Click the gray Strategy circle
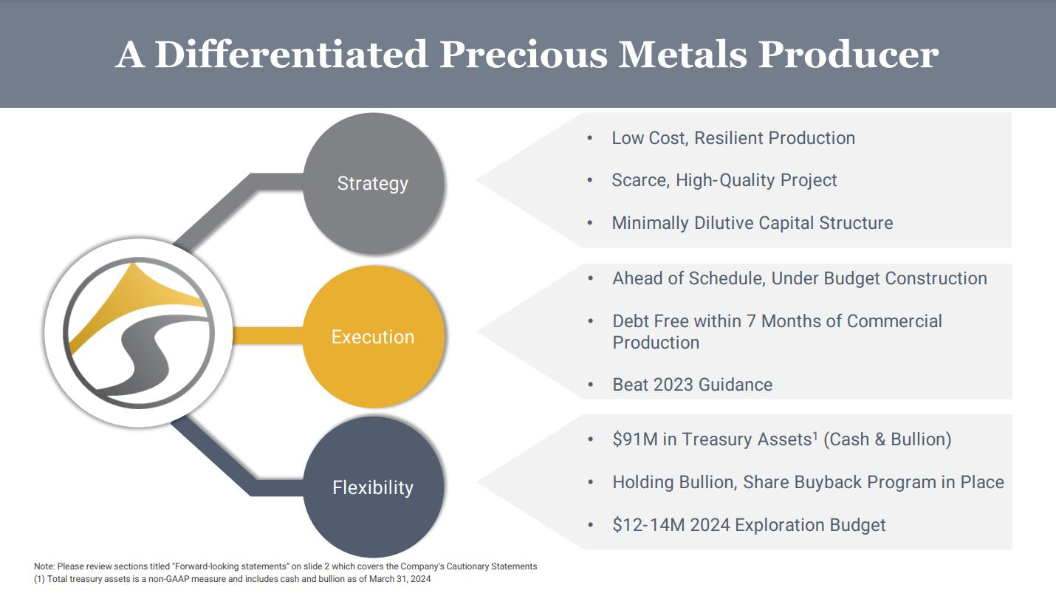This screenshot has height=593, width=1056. (374, 183)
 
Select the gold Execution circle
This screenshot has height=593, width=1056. (374, 337)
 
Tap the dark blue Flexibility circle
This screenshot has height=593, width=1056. (374, 487)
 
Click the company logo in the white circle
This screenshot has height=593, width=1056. (139, 333)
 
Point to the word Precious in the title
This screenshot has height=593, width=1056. (524, 55)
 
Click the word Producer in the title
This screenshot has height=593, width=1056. (848, 55)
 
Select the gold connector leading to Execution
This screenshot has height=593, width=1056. (268, 335)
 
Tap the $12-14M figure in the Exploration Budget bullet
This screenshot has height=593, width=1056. (648, 525)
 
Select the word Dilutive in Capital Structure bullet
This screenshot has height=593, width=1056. (724, 223)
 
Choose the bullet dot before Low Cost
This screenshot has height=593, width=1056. (590, 137)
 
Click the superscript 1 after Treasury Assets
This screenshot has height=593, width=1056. (815, 435)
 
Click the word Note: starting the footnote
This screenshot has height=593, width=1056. (44, 566)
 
